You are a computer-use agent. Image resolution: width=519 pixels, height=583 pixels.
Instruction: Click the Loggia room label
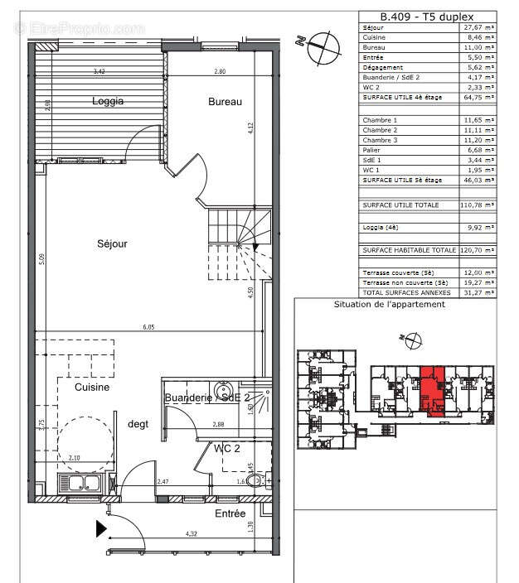point(108,102)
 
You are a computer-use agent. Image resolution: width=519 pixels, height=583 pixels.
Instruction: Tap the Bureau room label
point(225,102)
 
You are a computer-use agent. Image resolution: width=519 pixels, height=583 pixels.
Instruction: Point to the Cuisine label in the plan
point(92,387)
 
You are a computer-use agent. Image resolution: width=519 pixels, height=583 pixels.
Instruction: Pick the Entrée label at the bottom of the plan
point(230,513)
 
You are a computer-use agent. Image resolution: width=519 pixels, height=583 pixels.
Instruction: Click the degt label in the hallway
point(138,424)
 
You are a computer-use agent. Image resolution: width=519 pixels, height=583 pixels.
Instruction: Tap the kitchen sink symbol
point(79,484)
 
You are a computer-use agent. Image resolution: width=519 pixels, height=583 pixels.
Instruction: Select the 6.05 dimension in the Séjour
point(147,327)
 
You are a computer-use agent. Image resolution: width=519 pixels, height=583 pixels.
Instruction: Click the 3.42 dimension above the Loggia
point(99,71)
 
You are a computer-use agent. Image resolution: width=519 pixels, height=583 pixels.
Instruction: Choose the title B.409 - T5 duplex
point(427,17)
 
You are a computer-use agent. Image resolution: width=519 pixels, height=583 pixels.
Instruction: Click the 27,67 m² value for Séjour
point(478,28)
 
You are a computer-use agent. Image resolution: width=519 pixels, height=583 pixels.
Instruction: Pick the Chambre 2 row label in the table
point(380,130)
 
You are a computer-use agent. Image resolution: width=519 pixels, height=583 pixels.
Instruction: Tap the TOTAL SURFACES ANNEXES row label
point(405,292)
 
